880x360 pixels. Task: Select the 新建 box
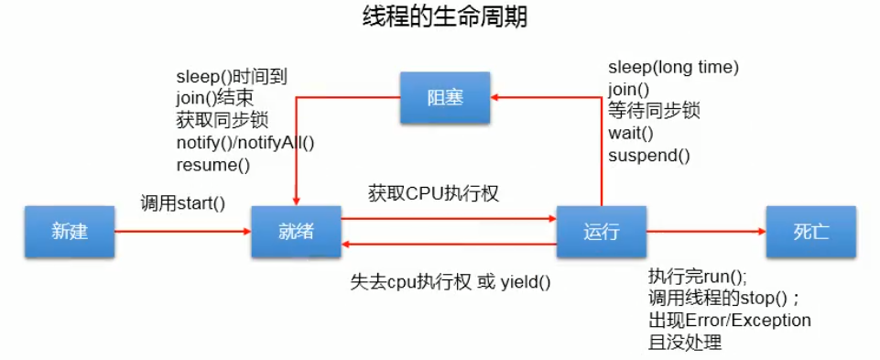point(70,231)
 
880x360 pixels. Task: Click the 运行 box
point(602,231)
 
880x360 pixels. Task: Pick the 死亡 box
point(810,231)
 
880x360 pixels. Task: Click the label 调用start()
point(182,202)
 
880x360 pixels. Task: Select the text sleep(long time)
point(673,68)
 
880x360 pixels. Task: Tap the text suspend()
point(649,155)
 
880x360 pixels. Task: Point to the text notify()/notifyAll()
point(244,144)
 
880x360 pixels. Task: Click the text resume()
point(212,166)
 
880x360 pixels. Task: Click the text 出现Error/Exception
point(730,321)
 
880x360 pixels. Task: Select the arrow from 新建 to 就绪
point(183,232)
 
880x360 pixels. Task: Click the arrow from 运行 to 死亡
point(705,232)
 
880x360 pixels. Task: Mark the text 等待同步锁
point(654,111)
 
